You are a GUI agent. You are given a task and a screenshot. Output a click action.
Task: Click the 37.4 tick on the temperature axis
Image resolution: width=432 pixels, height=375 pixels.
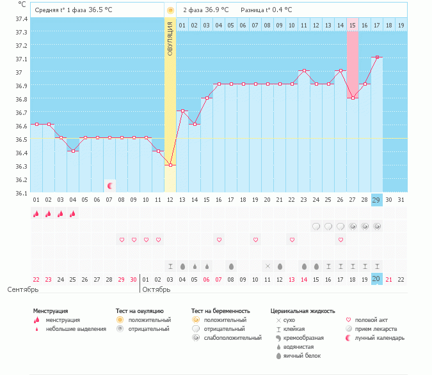point(22,19)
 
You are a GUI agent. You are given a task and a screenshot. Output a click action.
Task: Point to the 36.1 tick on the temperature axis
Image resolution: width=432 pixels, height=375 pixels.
point(22,193)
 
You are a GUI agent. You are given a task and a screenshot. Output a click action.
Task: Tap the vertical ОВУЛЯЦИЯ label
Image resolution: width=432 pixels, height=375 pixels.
point(170,38)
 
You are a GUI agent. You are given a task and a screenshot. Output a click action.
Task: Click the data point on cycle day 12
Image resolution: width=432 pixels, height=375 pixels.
point(170,165)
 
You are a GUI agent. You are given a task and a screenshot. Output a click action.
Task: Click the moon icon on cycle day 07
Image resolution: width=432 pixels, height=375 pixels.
point(109,186)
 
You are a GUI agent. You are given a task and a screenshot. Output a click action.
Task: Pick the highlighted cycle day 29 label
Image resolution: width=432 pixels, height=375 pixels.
point(377,200)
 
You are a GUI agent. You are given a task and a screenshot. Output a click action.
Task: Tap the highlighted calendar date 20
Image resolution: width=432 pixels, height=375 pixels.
point(377,279)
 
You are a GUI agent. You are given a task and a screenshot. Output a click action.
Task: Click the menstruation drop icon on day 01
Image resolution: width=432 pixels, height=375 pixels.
point(36,214)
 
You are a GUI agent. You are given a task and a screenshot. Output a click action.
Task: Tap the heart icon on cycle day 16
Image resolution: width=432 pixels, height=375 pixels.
point(219,240)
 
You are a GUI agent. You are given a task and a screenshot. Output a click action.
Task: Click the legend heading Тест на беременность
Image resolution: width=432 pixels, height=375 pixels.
point(220,311)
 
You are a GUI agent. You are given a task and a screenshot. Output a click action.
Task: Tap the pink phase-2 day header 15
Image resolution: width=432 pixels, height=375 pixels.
point(353,25)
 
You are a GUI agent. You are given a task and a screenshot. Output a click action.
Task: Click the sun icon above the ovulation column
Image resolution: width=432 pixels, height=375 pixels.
point(170,10)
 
